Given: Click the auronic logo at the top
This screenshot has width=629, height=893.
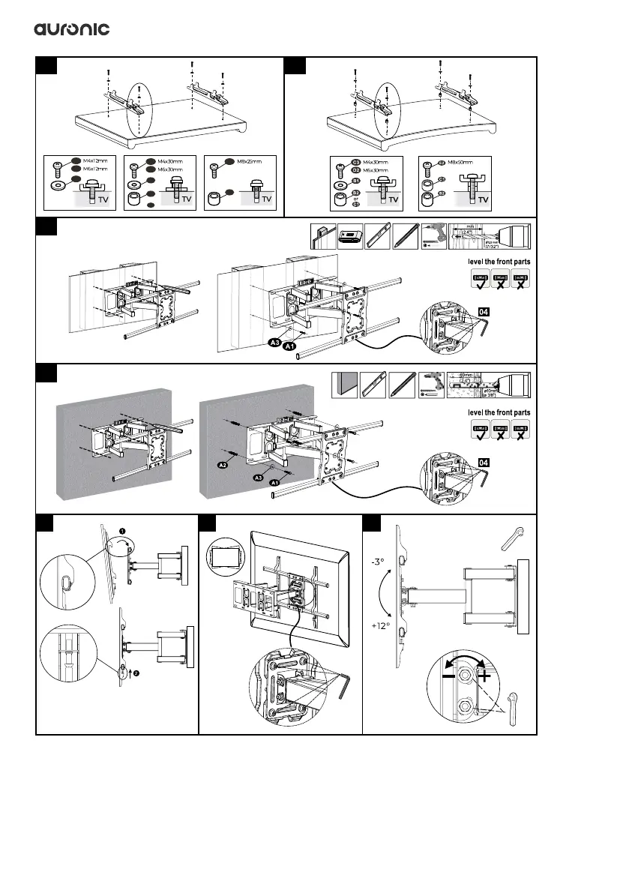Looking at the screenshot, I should click(72, 28).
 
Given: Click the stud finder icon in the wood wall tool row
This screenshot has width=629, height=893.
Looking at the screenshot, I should click(351, 235).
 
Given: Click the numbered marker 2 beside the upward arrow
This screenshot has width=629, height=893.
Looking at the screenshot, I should click(138, 673).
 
